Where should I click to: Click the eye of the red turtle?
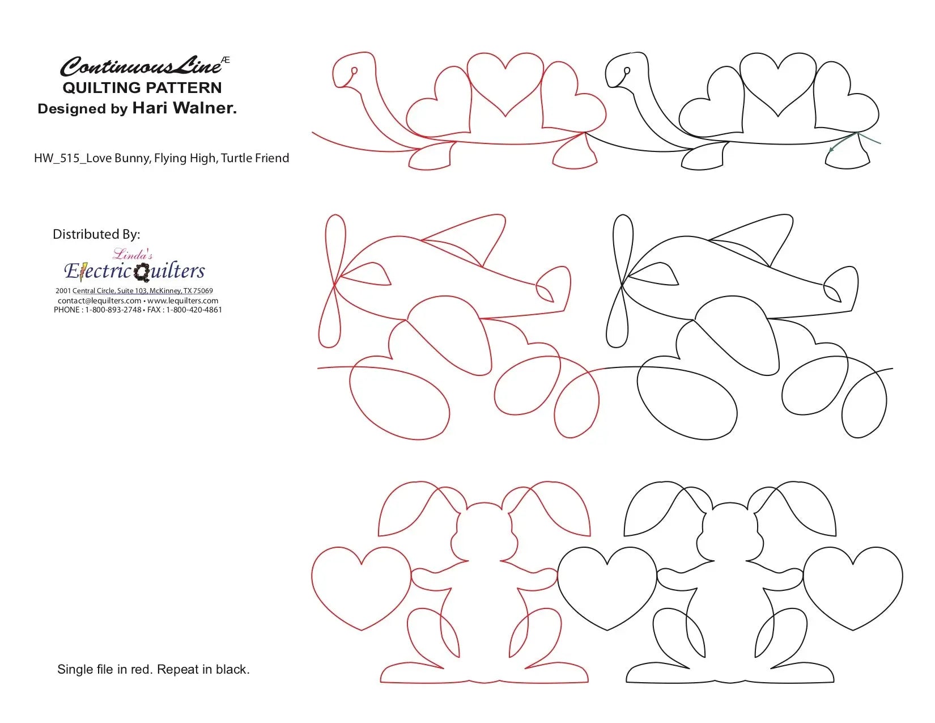[354, 71]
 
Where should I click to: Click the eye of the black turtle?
[627, 71]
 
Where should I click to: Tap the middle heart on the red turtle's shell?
[505, 82]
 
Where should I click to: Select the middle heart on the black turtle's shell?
[778, 82]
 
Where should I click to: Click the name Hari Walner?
[184, 108]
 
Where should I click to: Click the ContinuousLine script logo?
[142, 66]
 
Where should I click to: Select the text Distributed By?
[96, 234]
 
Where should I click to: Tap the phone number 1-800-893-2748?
[113, 310]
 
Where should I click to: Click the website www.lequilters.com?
[182, 301]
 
